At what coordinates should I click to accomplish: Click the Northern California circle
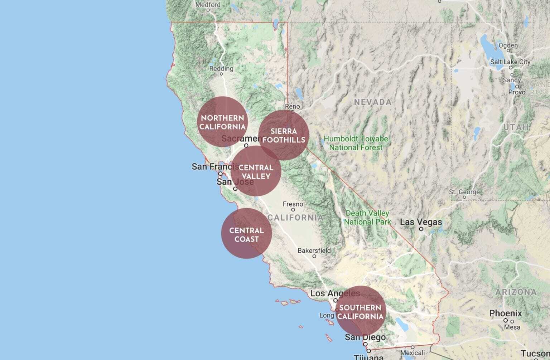(x=222, y=122)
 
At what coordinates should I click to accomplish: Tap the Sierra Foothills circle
(x=284, y=135)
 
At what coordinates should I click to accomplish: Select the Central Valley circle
(x=256, y=171)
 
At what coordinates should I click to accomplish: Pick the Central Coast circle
(x=246, y=233)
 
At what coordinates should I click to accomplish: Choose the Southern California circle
(x=361, y=311)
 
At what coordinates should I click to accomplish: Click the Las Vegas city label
(x=421, y=222)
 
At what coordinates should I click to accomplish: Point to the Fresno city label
(x=293, y=204)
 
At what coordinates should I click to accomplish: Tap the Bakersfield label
(x=314, y=250)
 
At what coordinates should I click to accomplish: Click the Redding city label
(x=221, y=68)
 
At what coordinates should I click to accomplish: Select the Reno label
(x=292, y=106)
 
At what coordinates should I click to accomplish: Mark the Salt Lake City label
(x=510, y=62)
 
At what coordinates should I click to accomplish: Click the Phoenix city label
(x=505, y=313)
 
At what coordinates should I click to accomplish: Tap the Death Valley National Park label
(x=367, y=218)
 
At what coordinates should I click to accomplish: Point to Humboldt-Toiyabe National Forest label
(x=356, y=143)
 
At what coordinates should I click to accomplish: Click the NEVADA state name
(x=372, y=102)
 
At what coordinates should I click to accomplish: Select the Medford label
(x=208, y=5)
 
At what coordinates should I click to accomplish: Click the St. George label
(x=464, y=192)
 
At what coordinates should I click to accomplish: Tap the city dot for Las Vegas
(x=421, y=229)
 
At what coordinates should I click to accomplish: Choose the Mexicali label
(x=412, y=353)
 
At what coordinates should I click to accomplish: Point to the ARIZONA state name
(x=516, y=292)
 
